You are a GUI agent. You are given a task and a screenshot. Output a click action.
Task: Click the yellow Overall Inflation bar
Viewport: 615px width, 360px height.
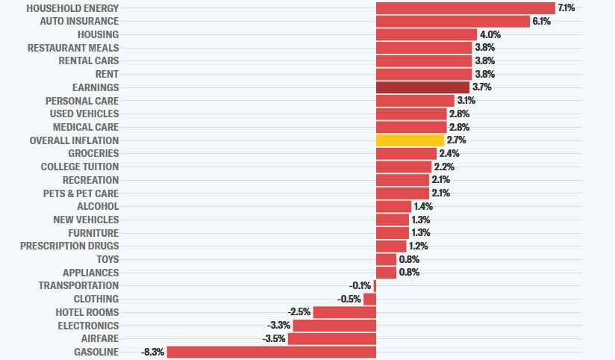pos(410,140)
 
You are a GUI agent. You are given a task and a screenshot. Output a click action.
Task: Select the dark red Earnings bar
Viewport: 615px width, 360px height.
pos(422,87)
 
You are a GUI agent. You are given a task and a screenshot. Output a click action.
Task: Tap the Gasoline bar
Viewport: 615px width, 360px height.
pos(272,352)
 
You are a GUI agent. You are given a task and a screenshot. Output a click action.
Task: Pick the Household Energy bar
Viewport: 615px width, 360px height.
pos(466,8)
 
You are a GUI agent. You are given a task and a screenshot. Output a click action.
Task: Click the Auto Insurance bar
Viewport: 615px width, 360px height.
pos(453,21)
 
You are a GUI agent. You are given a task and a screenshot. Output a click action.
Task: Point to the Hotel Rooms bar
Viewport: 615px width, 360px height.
pos(345,312)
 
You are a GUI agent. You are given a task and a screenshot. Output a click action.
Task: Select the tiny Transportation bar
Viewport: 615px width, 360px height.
pos(375,286)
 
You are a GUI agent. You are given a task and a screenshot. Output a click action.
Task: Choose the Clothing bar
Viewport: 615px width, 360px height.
pos(370,300)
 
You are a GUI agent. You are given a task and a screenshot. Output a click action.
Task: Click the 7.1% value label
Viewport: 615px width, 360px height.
pos(566,8)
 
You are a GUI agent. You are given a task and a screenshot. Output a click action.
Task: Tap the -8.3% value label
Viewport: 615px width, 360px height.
pos(152,352)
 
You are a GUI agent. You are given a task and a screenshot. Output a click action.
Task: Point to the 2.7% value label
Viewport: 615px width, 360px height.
pos(457,140)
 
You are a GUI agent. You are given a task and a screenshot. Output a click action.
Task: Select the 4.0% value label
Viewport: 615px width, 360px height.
pos(490,34)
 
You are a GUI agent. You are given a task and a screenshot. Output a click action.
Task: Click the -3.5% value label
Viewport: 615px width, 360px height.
pos(274,338)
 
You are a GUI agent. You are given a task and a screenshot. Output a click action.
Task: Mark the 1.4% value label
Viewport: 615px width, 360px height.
pos(424,206)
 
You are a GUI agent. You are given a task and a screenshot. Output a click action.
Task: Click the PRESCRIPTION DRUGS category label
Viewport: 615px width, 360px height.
pos(69,246)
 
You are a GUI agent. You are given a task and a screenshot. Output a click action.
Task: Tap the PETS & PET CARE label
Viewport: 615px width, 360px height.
pos(81,193)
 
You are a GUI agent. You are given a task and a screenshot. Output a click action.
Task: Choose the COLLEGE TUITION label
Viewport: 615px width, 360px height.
pos(80,167)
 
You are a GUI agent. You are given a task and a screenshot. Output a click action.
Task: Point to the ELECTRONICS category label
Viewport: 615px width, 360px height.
pos(88,326)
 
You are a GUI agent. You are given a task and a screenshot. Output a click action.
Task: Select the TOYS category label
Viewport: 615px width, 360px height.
pos(108,259)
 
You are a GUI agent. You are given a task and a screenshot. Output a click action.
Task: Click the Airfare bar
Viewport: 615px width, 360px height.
pos(332,339)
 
